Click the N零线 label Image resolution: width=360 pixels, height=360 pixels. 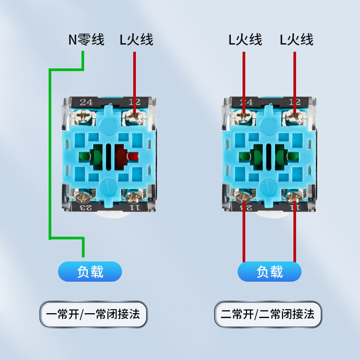pos(86,40)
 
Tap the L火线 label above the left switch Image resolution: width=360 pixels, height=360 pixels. pos(136,40)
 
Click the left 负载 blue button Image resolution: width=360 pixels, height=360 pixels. pos(90,272)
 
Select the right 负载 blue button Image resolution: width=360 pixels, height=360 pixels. pos(269,272)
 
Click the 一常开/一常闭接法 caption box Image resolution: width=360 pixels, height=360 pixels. pos(94,314)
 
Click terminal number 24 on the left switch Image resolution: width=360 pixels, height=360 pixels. pos(86,102)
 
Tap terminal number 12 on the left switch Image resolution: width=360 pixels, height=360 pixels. pos(134,102)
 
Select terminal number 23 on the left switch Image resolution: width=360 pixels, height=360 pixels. pos(86,207)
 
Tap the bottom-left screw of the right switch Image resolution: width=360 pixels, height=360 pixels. pos(243,196)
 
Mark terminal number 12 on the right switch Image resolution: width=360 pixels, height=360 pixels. pos(295,102)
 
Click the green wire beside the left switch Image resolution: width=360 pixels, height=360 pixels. pos(49,153)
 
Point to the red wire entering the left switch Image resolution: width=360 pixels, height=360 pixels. pos(134,76)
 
